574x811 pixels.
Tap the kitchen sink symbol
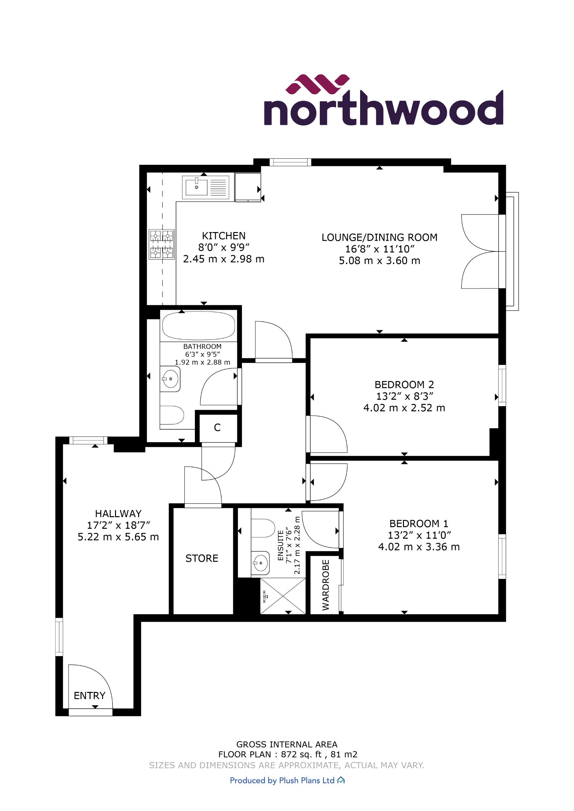196,187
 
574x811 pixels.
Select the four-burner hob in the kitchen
161,245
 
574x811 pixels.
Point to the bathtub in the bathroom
198,326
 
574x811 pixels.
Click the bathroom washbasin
170,379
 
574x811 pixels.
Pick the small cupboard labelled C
217,428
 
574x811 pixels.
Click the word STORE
202,558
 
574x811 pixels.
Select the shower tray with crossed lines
283,596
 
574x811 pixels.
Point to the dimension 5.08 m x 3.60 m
379,261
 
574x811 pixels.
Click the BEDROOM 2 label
404,384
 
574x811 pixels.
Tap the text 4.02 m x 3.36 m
419,547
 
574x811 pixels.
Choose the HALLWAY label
118,514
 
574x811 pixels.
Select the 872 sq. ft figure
301,754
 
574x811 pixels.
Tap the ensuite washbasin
261,562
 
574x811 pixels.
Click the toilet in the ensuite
262,528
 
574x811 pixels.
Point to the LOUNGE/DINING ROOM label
379,238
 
